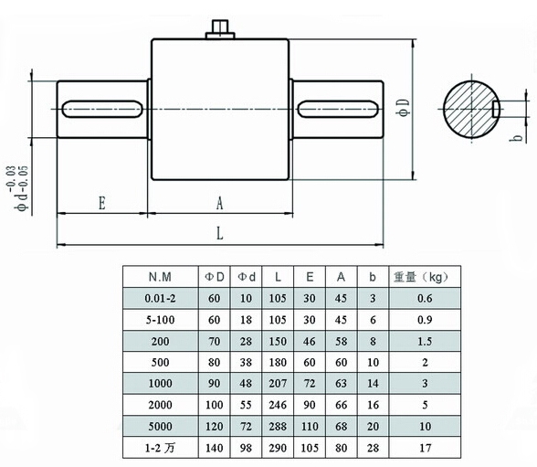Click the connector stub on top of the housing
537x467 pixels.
pyautogui.click(x=220, y=29)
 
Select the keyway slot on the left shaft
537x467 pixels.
pyautogui.click(x=102, y=109)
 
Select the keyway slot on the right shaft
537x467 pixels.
pyautogui.click(x=338, y=109)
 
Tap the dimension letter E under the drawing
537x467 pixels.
pyautogui.click(x=102, y=203)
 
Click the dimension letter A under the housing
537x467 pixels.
pyautogui.click(x=220, y=203)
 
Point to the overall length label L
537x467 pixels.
pyautogui.click(x=220, y=234)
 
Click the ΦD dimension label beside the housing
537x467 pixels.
pyautogui.click(x=403, y=108)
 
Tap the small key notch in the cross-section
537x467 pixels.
pyautogui.click(x=496, y=109)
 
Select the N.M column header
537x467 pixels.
pyautogui.click(x=160, y=277)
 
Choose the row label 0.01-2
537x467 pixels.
pyautogui.click(x=160, y=299)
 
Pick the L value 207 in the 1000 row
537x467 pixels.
pyautogui.click(x=278, y=384)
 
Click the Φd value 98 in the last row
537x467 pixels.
pyautogui.click(x=246, y=448)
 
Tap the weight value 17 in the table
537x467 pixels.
pyautogui.click(x=425, y=448)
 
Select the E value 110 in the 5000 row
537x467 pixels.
pyautogui.click(x=310, y=427)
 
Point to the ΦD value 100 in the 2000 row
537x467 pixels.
pyautogui.click(x=214, y=405)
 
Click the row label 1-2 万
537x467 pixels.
pyautogui.click(x=160, y=448)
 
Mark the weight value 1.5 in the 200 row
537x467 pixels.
pyautogui.click(x=425, y=342)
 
